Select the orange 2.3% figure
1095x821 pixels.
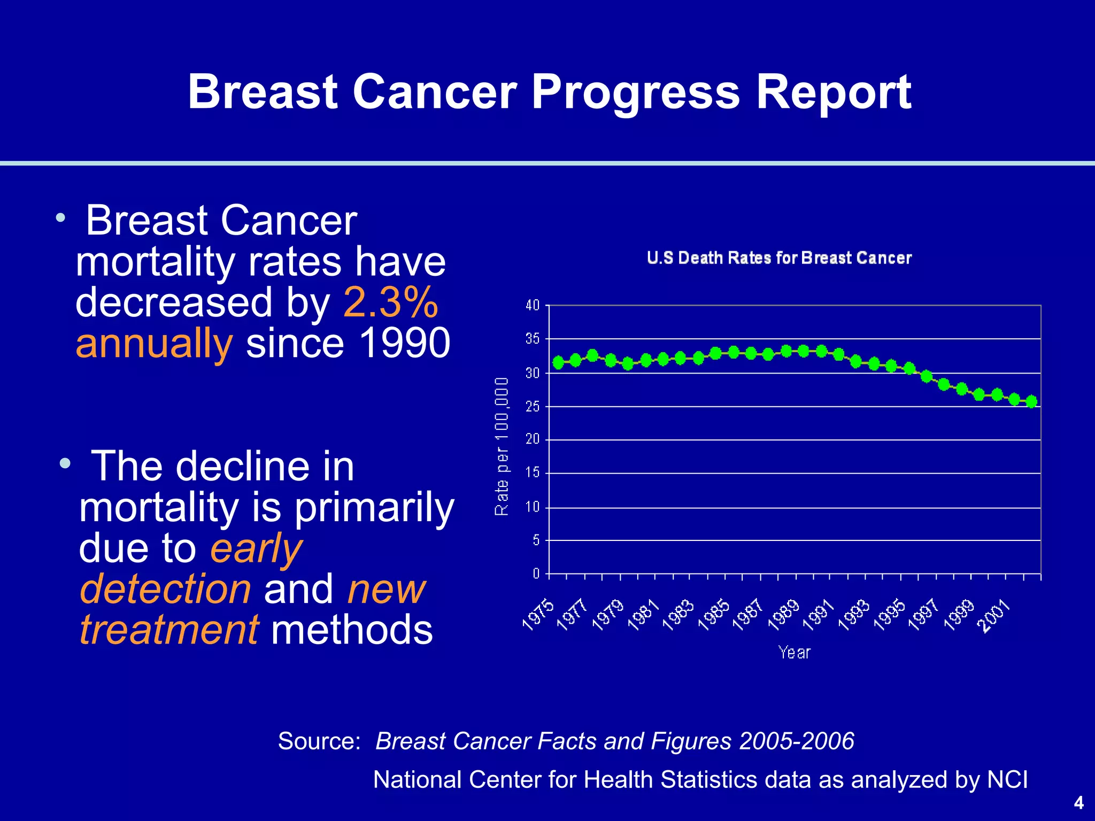point(390,303)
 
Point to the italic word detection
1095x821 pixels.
point(165,589)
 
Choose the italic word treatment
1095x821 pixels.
point(169,630)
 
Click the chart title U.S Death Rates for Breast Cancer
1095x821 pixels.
point(779,258)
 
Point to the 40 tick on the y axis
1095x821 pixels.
point(533,306)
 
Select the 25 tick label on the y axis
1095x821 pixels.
point(533,407)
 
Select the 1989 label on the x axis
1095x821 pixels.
point(783,616)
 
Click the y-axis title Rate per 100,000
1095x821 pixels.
point(502,446)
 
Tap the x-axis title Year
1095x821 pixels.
point(795,653)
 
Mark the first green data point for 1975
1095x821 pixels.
point(559,363)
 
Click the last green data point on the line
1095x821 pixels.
point(1032,401)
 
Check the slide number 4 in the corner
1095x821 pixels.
point(1078,803)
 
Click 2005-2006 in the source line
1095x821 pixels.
point(797,741)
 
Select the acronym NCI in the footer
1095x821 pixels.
point(1007,780)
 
